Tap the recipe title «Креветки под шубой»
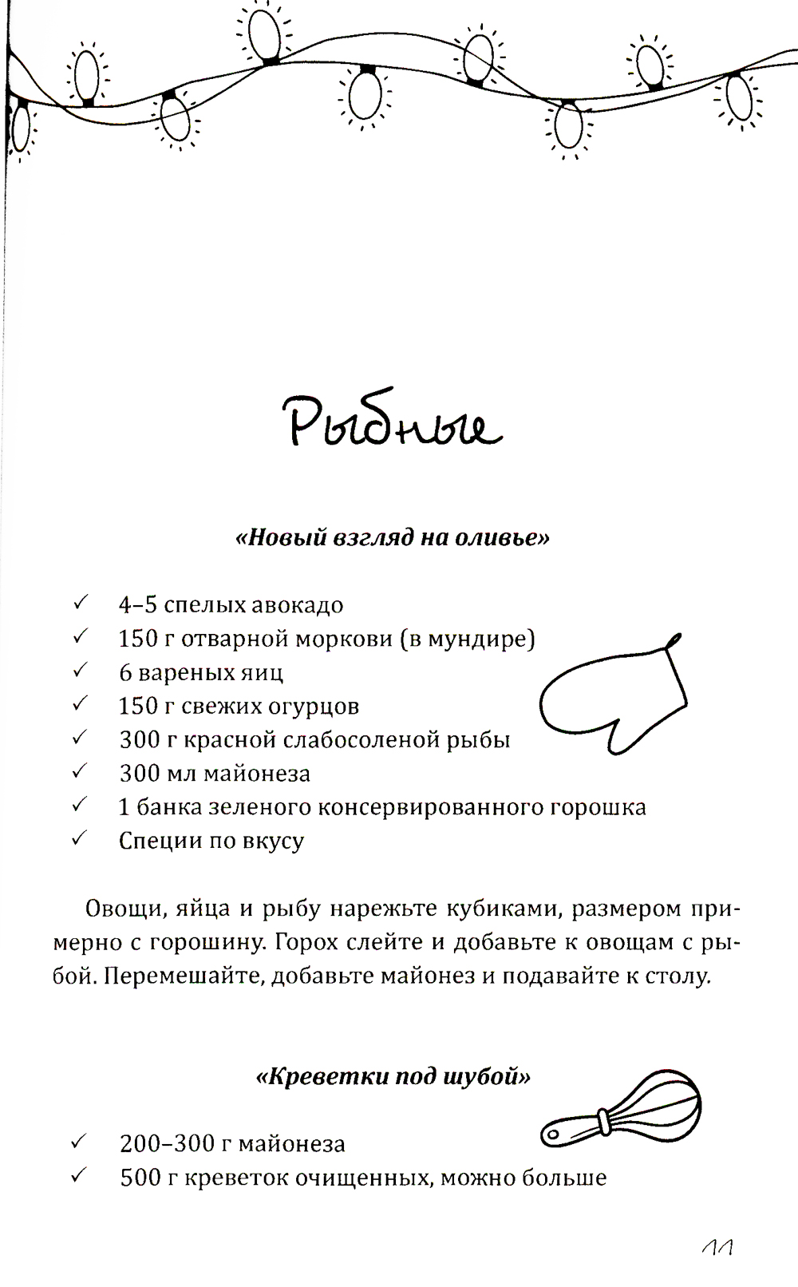pos(393,1077)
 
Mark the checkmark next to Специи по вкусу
pos(79,839)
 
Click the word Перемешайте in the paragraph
pos(180,976)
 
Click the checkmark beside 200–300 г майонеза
pos(79,1142)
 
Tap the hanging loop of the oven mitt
pos(674,643)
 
